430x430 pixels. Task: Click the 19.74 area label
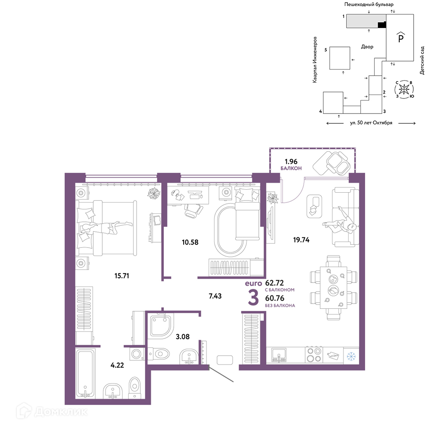[301, 240]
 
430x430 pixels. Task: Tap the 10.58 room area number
[190, 242]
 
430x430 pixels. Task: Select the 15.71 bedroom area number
[122, 276]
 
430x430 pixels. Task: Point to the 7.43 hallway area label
[215, 296]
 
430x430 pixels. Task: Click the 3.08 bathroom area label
[183, 337]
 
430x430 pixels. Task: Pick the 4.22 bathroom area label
[117, 365]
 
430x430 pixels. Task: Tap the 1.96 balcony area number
[291, 162]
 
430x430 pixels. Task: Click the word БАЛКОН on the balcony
[291, 169]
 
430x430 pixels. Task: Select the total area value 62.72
[274, 283]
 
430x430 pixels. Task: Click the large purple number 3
[253, 298]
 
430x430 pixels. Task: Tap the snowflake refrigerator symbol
[351, 356]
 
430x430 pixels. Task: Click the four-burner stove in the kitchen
[314, 355]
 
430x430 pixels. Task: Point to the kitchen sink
[279, 355]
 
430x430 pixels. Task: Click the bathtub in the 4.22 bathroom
[85, 373]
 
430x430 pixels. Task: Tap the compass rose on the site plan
[404, 89]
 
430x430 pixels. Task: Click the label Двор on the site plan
[367, 46]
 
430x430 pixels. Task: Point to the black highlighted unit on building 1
[382, 25]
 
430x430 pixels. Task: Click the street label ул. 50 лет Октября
[371, 123]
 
